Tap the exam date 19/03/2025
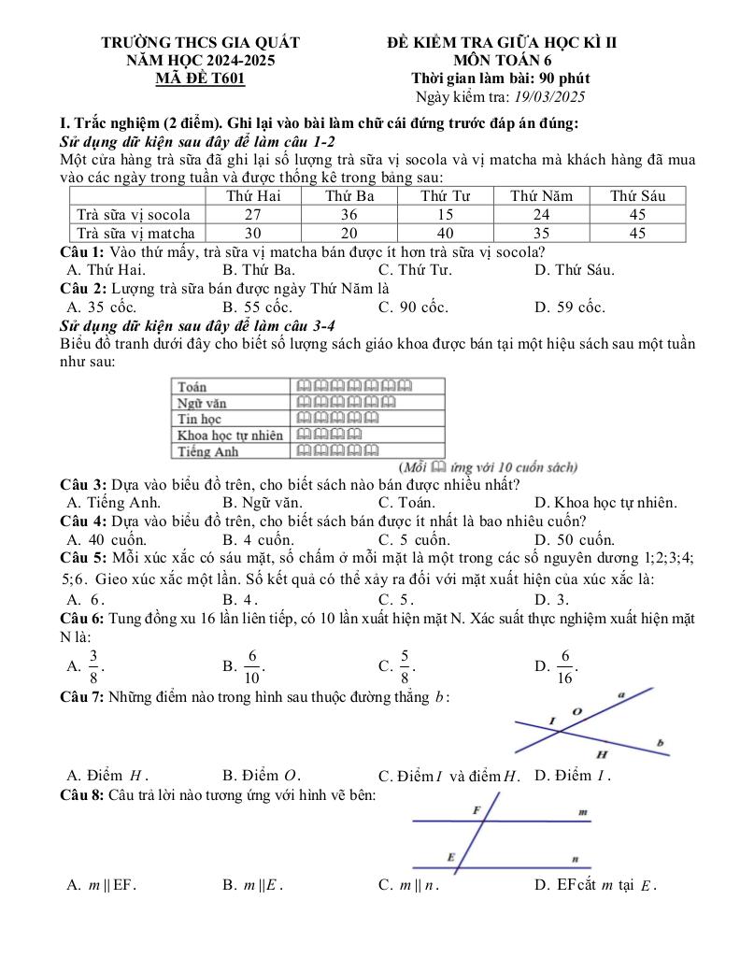[x=546, y=96]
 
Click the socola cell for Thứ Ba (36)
[x=349, y=214]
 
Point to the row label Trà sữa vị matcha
[x=135, y=233]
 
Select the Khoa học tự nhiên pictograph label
[x=230, y=436]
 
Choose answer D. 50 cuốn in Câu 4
[x=574, y=539]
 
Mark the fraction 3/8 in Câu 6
[x=93, y=665]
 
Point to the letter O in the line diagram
[x=576, y=712]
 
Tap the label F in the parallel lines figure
[x=477, y=807]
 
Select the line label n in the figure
[x=576, y=857]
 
